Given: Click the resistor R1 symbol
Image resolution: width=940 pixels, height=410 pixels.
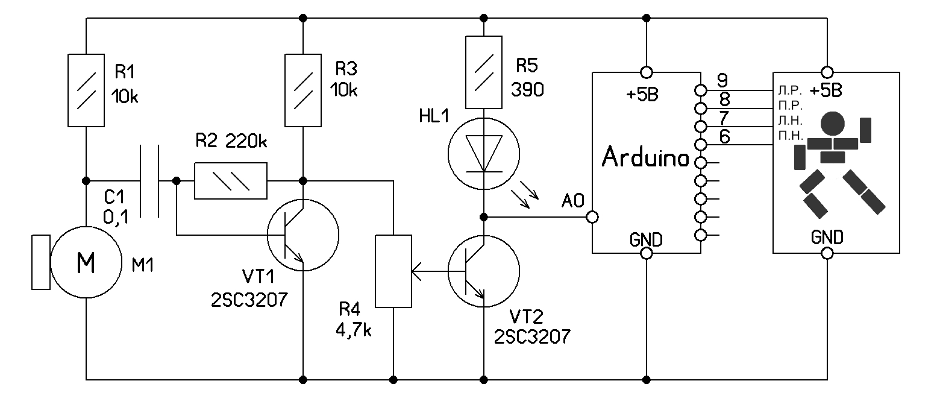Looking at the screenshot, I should click(86, 90).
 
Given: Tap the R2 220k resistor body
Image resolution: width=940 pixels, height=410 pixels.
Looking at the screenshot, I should click(231, 181).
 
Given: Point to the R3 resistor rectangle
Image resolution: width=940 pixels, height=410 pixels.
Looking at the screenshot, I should click(302, 90).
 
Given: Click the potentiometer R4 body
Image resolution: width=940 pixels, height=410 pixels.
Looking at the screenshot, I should click(393, 271).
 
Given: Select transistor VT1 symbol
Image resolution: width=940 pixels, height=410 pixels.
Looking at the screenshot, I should click(302, 235).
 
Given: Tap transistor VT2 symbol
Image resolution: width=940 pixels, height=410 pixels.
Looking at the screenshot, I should click(484, 272).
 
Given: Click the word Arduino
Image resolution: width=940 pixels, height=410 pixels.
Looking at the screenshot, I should click(645, 158).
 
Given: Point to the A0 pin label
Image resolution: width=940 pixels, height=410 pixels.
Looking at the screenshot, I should click(572, 201).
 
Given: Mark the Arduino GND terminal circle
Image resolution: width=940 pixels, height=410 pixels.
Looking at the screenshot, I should click(646, 254).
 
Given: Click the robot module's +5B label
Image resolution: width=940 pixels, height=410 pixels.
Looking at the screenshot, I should click(826, 92).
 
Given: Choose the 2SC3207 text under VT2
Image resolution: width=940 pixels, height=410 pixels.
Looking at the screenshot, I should click(532, 336).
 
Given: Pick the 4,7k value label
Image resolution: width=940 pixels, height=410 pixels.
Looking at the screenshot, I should click(354, 331).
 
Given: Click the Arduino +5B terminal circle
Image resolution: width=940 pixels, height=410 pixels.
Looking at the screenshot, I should click(646, 72).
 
